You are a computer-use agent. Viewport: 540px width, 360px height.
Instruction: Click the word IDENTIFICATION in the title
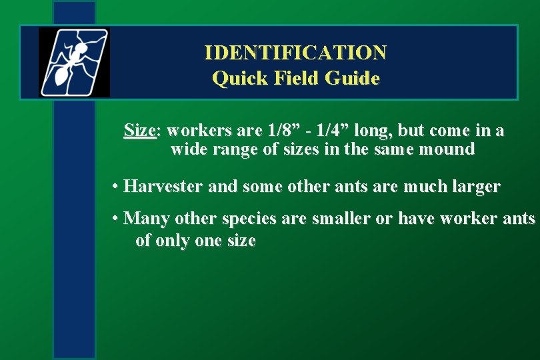click(x=295, y=52)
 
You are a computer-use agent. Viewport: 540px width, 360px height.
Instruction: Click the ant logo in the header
click(x=73, y=62)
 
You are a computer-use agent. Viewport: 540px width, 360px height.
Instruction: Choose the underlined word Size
click(x=139, y=131)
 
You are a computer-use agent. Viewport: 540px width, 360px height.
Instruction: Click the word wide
click(x=189, y=149)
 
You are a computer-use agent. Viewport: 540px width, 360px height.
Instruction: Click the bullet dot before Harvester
click(x=116, y=187)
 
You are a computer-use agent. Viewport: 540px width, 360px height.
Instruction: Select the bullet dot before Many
click(x=116, y=218)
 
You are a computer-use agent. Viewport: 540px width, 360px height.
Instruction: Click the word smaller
click(x=339, y=218)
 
